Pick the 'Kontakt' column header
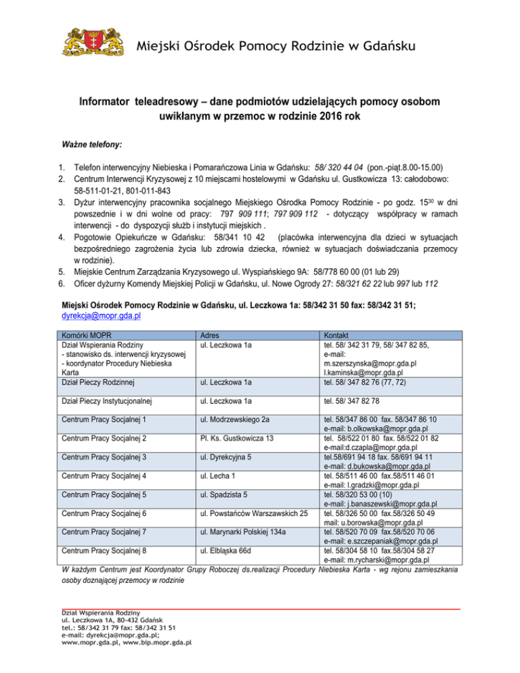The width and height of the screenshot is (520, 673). tap(337, 334)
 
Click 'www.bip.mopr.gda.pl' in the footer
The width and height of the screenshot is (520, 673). tap(157, 661)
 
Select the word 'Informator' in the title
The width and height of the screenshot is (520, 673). tap(111, 102)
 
